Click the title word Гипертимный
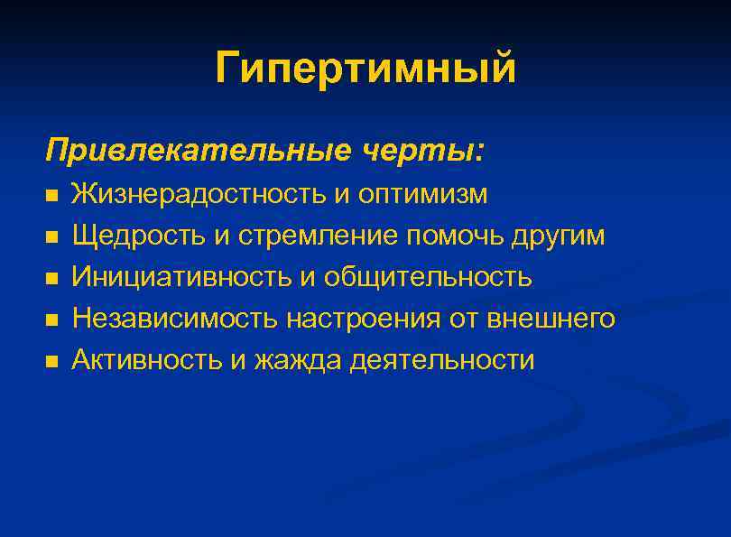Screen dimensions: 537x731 coord(365,69)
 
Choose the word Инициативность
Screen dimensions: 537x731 coord(181,277)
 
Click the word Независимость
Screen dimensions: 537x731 coord(175,319)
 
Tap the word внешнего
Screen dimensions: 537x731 coord(550,319)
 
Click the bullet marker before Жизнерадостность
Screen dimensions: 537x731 coord(51,195)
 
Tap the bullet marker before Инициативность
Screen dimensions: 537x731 coord(51,278)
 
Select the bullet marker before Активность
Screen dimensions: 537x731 coord(51,361)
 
